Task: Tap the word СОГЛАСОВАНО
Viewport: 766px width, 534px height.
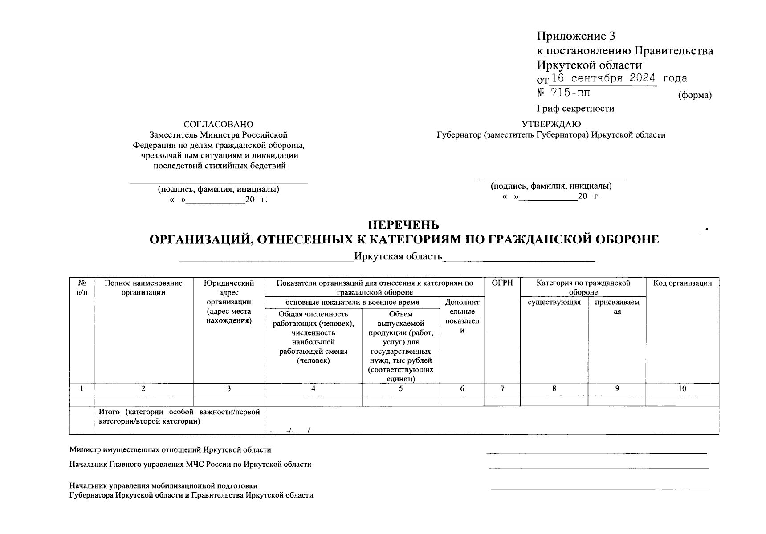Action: pyautogui.click(x=218, y=125)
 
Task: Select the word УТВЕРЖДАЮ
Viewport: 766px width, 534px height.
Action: pyautogui.click(x=551, y=124)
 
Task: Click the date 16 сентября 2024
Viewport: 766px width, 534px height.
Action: pyautogui.click(x=603, y=79)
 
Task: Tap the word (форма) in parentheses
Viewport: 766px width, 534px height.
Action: pyautogui.click(x=694, y=95)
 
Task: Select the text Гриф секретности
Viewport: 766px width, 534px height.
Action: pyautogui.click(x=575, y=109)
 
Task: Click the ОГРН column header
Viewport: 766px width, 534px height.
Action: pyautogui.click(x=502, y=283)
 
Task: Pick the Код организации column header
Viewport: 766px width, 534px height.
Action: pyautogui.click(x=682, y=283)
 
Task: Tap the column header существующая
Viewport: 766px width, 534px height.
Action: pyautogui.click(x=554, y=303)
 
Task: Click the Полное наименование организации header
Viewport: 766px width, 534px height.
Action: pyautogui.click(x=143, y=287)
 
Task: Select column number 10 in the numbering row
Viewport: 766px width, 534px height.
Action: pyautogui.click(x=682, y=388)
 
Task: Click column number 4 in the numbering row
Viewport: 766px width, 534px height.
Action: pyautogui.click(x=313, y=388)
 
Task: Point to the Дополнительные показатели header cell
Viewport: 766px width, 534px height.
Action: pyautogui.click(x=462, y=316)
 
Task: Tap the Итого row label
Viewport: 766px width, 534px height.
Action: pyautogui.click(x=179, y=417)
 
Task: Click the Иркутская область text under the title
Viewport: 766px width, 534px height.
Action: pyautogui.click(x=398, y=256)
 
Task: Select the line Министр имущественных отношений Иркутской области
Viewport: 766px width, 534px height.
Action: pyautogui.click(x=170, y=450)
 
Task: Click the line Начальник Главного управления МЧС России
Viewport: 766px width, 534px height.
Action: pyautogui.click(x=190, y=464)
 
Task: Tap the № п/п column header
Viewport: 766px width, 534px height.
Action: pyautogui.click(x=81, y=287)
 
